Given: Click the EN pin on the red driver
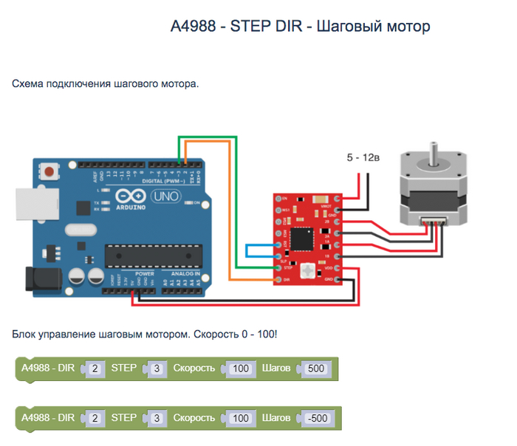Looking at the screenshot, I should [279, 199].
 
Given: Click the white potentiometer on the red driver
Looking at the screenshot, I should [309, 269].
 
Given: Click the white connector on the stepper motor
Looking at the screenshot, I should [430, 222].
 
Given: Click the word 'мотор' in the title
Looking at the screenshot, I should [406, 27].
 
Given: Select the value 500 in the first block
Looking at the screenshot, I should [315, 368].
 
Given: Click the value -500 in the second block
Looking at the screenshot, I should [317, 419].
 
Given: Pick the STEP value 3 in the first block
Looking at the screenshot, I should [157, 368].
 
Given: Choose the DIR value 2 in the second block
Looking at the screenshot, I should [95, 419].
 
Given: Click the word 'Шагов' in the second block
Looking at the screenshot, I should [276, 418].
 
